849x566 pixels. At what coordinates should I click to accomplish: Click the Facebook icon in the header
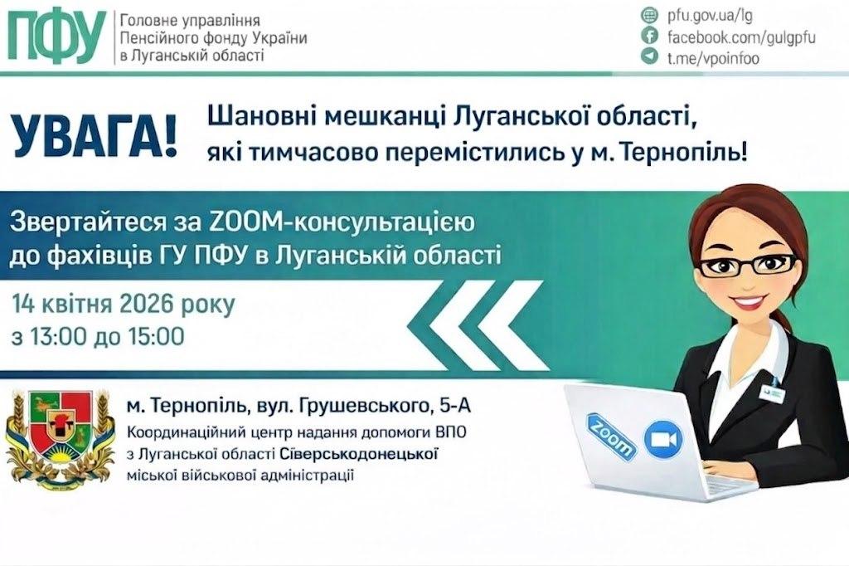point(650,37)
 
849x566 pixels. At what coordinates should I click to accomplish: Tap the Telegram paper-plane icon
point(650,57)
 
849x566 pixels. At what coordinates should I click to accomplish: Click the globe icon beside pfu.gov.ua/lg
point(650,16)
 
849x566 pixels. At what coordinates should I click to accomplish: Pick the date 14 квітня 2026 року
point(124,305)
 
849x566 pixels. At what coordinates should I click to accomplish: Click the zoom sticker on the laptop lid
point(612,434)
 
